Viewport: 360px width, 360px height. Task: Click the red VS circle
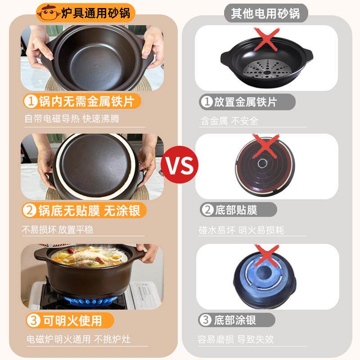[180, 165]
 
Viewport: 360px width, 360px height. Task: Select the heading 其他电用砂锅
[265, 13]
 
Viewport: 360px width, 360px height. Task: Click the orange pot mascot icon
[47, 13]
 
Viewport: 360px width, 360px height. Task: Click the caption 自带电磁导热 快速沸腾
[72, 119]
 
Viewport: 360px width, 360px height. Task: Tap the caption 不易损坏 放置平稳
[58, 229]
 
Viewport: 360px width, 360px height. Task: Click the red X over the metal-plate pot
[266, 40]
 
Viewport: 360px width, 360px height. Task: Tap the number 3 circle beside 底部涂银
[205, 320]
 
